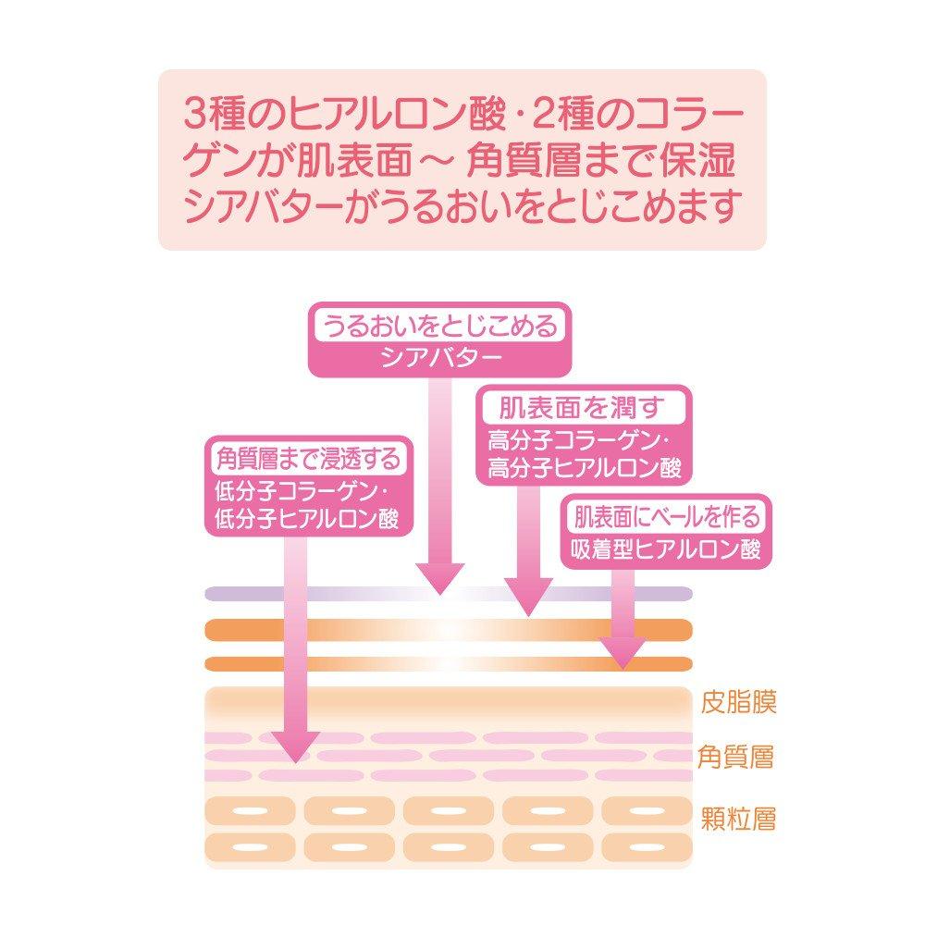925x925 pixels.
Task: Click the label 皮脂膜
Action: click(738, 701)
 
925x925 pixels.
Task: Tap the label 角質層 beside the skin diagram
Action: click(735, 757)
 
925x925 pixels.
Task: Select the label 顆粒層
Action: click(738, 819)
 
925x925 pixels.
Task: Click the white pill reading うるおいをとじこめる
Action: click(439, 326)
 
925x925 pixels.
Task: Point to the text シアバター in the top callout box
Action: click(441, 357)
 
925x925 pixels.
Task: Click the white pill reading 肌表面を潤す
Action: click(584, 408)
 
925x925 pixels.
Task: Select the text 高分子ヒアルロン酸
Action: click(584, 468)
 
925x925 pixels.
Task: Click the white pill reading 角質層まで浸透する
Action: click(308, 459)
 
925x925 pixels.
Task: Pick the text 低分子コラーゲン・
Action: click(302, 491)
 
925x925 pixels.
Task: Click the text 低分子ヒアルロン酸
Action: click(306, 519)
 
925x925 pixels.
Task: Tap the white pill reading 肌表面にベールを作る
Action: click(667, 517)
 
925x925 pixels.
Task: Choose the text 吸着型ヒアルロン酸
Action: click(666, 549)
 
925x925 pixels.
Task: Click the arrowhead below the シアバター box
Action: click(440, 578)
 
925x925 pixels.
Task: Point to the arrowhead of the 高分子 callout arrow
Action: click(528, 597)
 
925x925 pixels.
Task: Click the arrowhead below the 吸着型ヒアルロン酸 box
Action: click(623, 653)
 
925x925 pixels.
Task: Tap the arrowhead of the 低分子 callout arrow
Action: click(296, 746)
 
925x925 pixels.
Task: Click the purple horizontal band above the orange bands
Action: click(449, 594)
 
